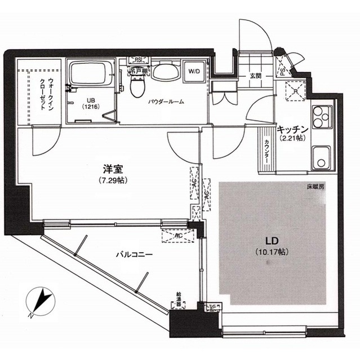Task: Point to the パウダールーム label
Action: [x=167, y=102]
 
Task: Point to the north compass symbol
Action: [x=39, y=300]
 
